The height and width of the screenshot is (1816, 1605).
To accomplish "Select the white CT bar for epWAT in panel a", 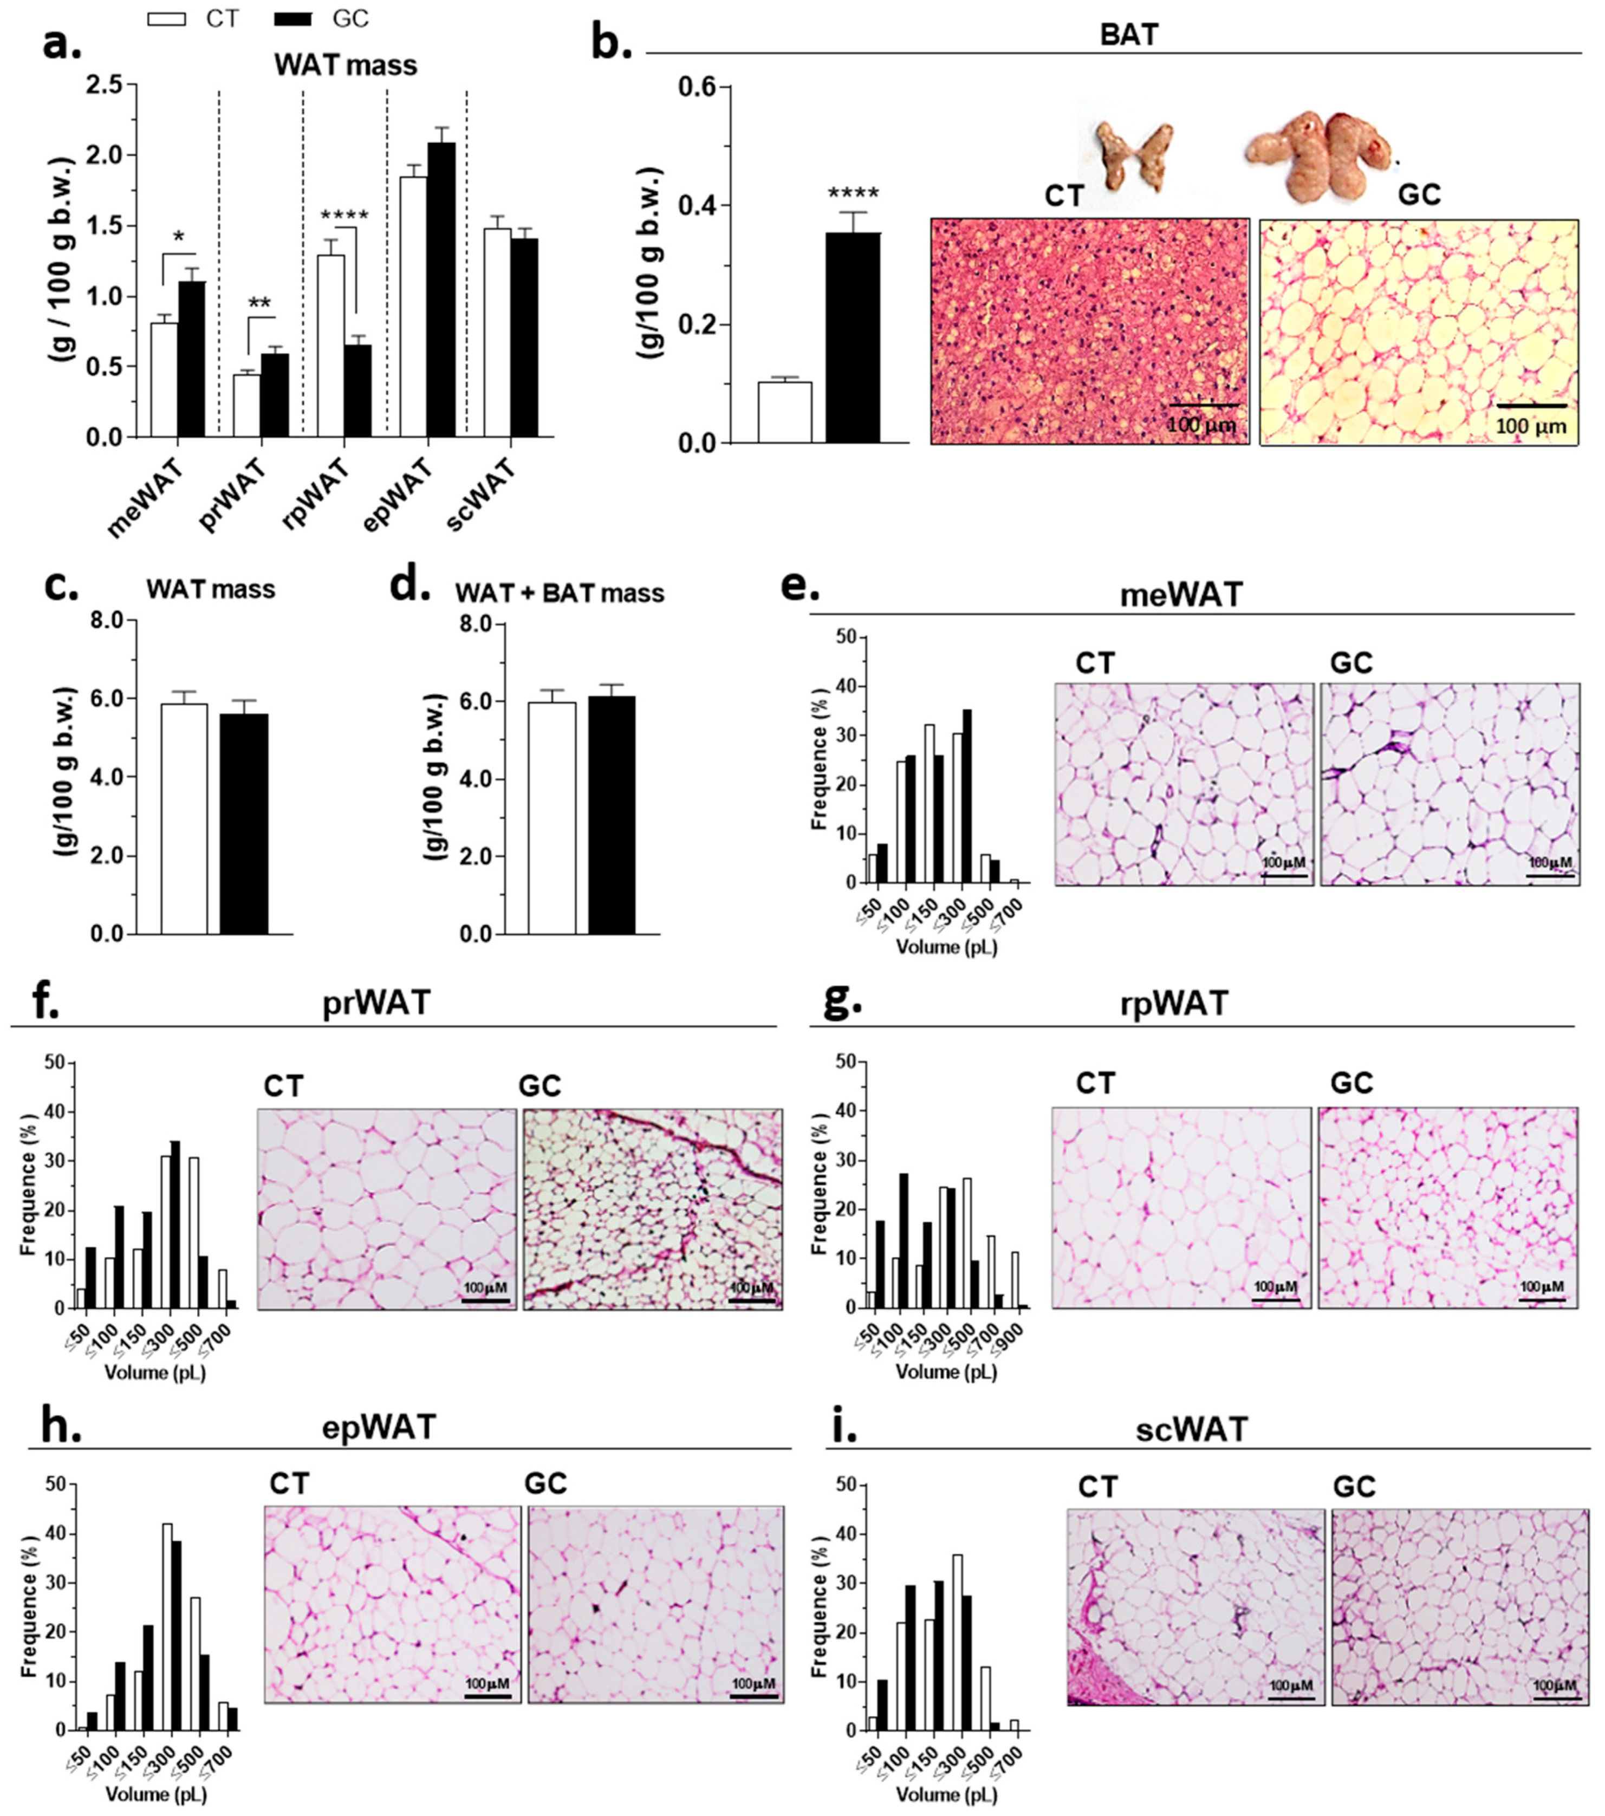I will pos(412,307).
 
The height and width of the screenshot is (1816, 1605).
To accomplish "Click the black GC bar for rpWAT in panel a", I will pos(358,391).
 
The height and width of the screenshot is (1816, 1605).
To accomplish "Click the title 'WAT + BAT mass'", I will pos(560,593).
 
